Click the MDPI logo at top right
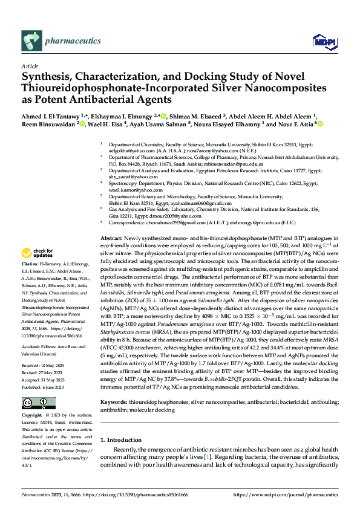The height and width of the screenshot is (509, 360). [322, 41]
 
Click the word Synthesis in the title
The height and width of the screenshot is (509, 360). [47, 77]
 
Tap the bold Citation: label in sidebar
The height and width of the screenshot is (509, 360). [31, 281]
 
